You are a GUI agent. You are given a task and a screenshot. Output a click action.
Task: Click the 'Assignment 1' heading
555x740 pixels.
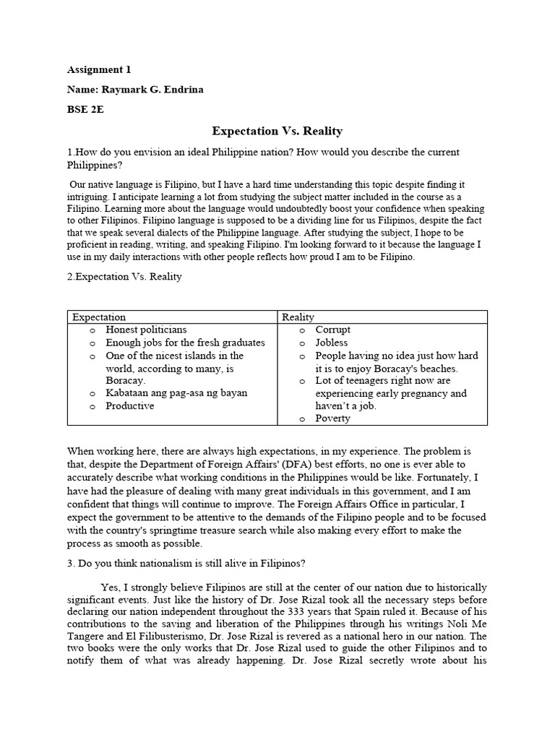99,70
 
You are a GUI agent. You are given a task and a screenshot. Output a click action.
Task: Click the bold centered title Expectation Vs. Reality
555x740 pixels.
277,131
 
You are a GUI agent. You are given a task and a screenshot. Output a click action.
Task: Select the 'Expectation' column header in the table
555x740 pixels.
99,317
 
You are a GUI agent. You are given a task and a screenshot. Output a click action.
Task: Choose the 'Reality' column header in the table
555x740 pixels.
298,317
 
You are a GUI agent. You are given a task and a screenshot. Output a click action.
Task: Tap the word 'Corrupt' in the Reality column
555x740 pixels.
332,330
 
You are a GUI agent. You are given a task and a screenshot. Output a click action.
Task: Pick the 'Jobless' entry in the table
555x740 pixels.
331,343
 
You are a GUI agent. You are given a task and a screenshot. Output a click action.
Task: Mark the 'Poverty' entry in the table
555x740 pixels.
332,418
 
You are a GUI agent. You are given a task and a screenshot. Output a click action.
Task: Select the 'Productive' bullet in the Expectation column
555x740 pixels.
129,406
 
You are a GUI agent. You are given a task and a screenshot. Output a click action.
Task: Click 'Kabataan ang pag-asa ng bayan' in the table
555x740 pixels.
176,393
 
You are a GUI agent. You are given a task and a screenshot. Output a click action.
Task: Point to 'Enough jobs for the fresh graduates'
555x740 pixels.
185,343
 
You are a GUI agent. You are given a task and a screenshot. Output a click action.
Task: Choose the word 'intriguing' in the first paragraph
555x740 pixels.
95,196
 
